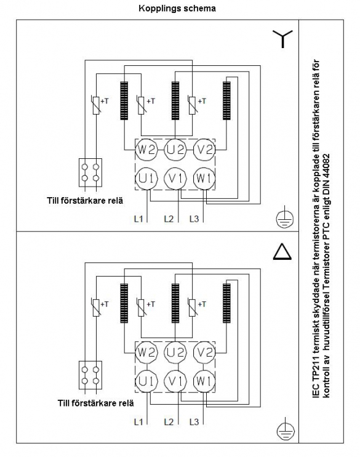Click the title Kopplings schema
(177, 8)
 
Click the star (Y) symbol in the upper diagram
(282, 38)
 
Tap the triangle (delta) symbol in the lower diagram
(282, 252)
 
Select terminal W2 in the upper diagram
(146, 150)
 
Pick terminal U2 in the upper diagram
(175, 150)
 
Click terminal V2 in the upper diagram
(204, 150)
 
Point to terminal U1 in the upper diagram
(146, 179)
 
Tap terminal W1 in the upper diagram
(204, 179)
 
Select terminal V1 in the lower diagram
(175, 381)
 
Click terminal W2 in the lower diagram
(146, 353)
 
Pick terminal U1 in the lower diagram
(146, 381)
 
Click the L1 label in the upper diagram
(138, 219)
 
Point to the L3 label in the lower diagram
(194, 421)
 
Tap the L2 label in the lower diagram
(169, 421)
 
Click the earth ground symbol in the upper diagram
(285, 217)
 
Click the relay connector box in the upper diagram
(90, 172)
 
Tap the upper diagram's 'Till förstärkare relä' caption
(85, 201)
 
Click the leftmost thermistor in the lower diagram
(96, 307)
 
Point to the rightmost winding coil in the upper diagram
(226, 100)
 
